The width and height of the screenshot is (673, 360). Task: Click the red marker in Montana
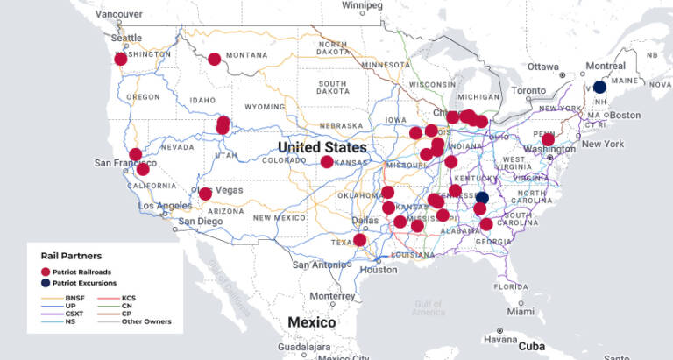point(215,60)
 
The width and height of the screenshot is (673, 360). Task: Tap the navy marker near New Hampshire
point(599,87)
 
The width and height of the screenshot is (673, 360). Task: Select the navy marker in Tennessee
point(482,198)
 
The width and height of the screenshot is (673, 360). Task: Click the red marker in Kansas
point(327,162)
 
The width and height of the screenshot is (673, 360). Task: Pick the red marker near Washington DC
point(548,139)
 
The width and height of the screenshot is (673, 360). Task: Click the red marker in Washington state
point(121,59)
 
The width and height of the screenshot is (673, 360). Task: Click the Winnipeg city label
point(363,5)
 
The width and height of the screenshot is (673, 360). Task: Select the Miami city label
point(520,311)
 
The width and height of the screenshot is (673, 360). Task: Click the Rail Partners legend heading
point(67,255)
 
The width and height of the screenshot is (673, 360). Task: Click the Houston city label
point(379,269)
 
